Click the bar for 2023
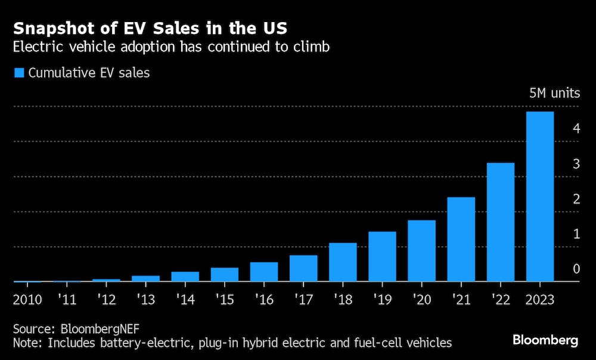pos(540,197)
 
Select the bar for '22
pos(501,222)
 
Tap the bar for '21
pos(461,239)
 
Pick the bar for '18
pos(343,262)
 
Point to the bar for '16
pos(264,272)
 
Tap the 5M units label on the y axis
pos(554,94)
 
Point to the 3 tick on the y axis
pos(576,164)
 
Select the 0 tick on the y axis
pos(576,269)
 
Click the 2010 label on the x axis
pos(27,299)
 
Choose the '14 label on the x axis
pos(185,299)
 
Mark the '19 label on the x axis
pos(382,299)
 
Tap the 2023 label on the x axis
pos(540,299)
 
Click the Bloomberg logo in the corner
pos(545,340)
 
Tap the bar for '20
pos(422,251)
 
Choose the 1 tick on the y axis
pos(576,234)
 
